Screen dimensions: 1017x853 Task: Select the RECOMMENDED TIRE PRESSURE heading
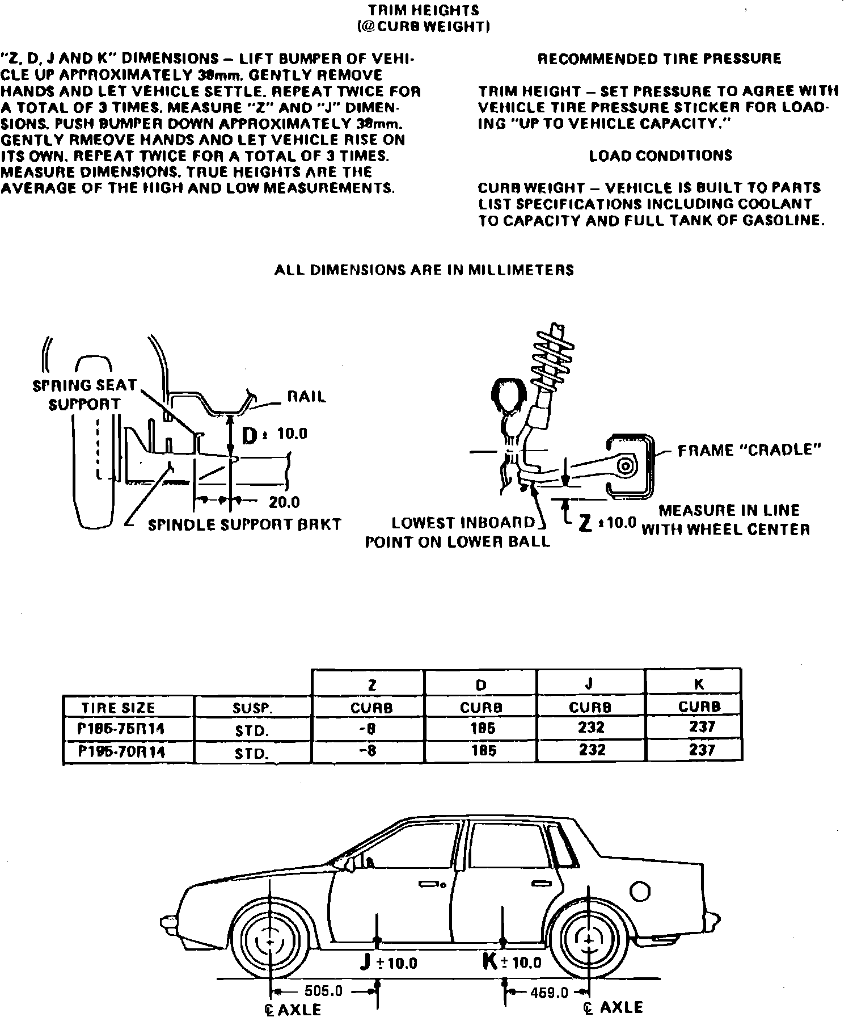tap(659, 59)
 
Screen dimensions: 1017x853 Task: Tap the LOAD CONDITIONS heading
tap(661, 156)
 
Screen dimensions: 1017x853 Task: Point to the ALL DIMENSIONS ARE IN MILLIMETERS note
tap(424, 270)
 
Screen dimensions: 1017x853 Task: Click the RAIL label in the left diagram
tap(307, 397)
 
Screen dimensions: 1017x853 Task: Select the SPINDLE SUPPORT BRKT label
tap(244, 524)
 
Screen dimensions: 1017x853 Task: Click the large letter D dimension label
tap(250, 436)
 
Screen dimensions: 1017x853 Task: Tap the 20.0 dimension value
tap(285, 502)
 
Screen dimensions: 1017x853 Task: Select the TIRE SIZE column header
tap(118, 708)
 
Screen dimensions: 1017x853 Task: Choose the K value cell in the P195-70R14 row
tap(702, 750)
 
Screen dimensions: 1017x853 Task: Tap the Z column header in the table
tap(371, 685)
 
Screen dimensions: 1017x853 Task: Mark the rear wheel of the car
tap(590, 942)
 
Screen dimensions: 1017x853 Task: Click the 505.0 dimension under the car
tap(323, 991)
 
